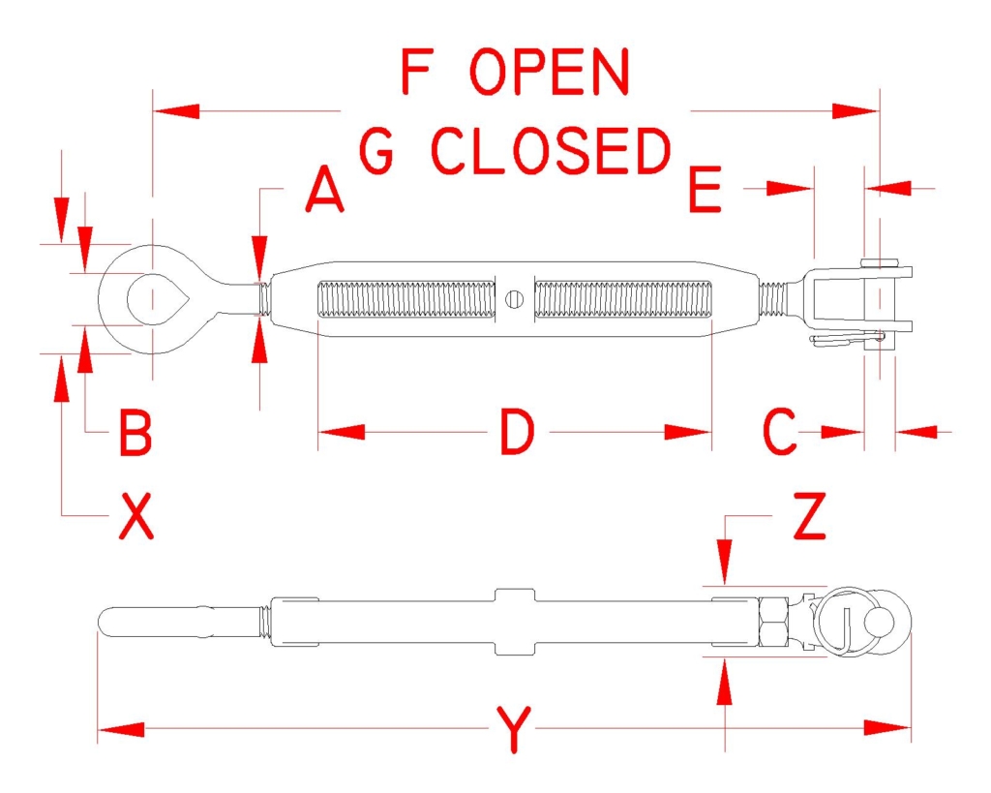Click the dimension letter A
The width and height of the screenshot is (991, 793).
325,189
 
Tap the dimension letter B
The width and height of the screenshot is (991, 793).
135,433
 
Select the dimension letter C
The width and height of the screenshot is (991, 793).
780,432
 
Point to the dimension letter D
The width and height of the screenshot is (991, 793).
517,432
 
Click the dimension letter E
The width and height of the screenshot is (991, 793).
705,189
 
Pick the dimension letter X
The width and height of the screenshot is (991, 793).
136,516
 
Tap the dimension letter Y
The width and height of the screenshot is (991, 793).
514,729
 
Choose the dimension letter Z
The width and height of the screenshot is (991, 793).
809,516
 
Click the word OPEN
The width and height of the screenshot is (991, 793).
550,72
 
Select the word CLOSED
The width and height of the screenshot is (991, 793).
551,151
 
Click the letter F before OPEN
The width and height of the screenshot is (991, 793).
415,72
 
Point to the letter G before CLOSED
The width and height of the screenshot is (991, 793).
376,151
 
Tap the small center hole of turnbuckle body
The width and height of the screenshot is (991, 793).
515,299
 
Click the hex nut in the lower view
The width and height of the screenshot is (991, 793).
774,622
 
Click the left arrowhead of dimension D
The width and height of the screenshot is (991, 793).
342,432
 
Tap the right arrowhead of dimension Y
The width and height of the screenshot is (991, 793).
887,728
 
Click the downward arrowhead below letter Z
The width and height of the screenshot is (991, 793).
725,562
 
